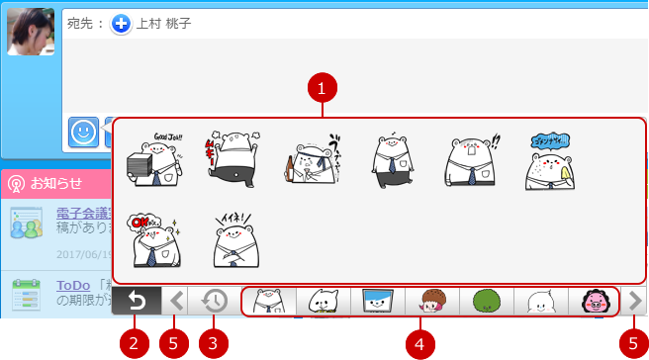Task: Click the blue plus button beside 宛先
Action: [x=121, y=24]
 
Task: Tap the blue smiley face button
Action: [x=83, y=132]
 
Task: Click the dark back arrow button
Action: [x=136, y=301]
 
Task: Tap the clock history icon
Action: [x=216, y=301]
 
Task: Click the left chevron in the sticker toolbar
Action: [x=176, y=301]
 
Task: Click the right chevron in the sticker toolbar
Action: [x=634, y=301]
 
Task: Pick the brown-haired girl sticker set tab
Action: [x=431, y=301]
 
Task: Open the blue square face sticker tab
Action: [x=377, y=301]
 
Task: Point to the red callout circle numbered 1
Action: [x=323, y=90]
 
